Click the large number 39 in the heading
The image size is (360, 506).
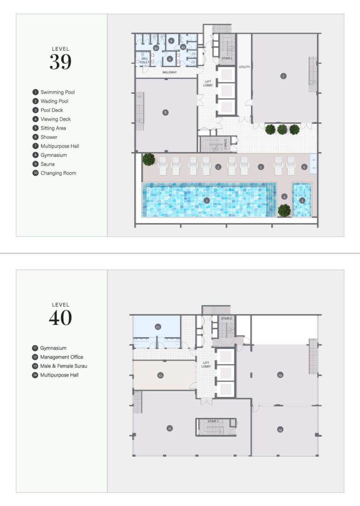tap(60, 62)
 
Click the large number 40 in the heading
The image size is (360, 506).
tap(60, 318)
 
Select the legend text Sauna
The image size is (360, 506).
tap(47, 164)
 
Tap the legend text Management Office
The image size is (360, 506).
tap(62, 357)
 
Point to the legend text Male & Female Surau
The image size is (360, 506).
tap(64, 366)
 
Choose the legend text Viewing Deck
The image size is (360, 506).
tap(55, 119)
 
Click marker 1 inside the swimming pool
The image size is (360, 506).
tap(207, 200)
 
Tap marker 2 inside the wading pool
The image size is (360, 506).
tap(302, 200)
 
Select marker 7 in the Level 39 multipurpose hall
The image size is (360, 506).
tap(283, 76)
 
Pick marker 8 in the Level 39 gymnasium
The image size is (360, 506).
tap(165, 112)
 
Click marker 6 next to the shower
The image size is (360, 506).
tap(304, 166)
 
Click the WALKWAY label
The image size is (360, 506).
tap(169, 73)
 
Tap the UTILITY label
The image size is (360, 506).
tap(244, 67)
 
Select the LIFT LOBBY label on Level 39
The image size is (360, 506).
tap(208, 83)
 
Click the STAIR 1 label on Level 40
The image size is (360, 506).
tap(213, 421)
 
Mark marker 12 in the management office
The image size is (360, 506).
tap(160, 375)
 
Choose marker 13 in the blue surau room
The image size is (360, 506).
tap(158, 326)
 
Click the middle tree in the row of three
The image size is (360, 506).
tap(282, 129)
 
